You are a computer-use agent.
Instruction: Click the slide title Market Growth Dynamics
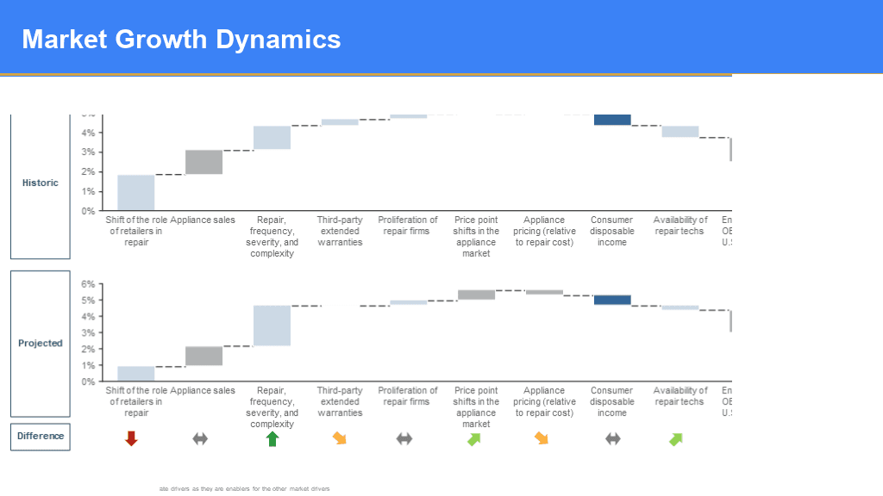(x=181, y=39)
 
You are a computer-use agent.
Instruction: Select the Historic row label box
(x=41, y=183)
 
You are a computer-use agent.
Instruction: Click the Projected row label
(x=41, y=343)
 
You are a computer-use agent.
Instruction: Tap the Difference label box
(x=41, y=436)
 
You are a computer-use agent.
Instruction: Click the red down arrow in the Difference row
(x=131, y=438)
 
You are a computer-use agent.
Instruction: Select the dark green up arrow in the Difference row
(x=272, y=438)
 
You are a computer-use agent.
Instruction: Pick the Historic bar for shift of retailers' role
(x=136, y=193)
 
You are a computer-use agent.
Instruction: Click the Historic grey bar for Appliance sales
(x=204, y=162)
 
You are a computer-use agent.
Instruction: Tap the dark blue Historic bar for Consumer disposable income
(x=612, y=120)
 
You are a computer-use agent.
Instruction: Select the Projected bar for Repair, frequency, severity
(x=272, y=325)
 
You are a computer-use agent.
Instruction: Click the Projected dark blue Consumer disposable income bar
(x=612, y=300)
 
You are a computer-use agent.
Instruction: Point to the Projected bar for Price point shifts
(x=476, y=294)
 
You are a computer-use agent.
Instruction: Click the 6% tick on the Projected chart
(x=89, y=284)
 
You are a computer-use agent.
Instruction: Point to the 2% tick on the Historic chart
(x=89, y=171)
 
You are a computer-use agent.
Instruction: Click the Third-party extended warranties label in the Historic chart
(x=340, y=231)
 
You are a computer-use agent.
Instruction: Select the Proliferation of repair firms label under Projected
(x=408, y=396)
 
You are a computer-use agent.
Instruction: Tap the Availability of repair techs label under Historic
(x=680, y=226)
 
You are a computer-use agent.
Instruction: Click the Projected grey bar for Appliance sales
(x=204, y=356)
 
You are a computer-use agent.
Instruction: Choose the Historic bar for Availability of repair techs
(x=680, y=132)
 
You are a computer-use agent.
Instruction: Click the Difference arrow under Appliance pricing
(x=542, y=438)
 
